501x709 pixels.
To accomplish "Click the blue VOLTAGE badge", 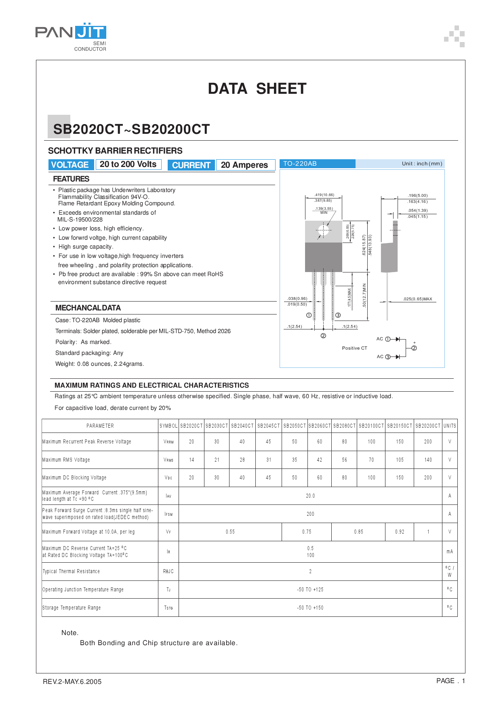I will point(70,165).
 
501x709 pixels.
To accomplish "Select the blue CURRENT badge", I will point(191,165).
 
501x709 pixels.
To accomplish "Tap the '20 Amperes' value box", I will point(245,165).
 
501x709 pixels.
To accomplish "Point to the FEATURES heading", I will point(71,179).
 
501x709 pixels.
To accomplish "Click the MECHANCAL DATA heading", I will point(88,308).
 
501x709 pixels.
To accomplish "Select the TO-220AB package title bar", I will point(317,164).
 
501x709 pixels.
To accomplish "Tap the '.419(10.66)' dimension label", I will point(324,195).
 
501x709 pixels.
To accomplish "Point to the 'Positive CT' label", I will point(354,348).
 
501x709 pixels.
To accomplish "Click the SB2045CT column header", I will point(268,426).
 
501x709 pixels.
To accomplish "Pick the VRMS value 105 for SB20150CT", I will point(400,460).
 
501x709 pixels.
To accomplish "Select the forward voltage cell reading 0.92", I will point(400,532).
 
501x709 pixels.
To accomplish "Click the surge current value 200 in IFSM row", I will point(310,514).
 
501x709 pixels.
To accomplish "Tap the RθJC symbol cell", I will point(168,572).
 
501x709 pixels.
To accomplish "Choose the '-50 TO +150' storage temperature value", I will point(310,608).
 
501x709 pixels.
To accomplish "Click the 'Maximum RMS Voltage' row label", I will point(66,460).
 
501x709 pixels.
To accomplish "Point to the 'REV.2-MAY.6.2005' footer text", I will point(72,682).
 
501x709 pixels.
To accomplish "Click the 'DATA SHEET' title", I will point(257,89).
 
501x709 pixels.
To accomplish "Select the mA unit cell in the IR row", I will point(450,552).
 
